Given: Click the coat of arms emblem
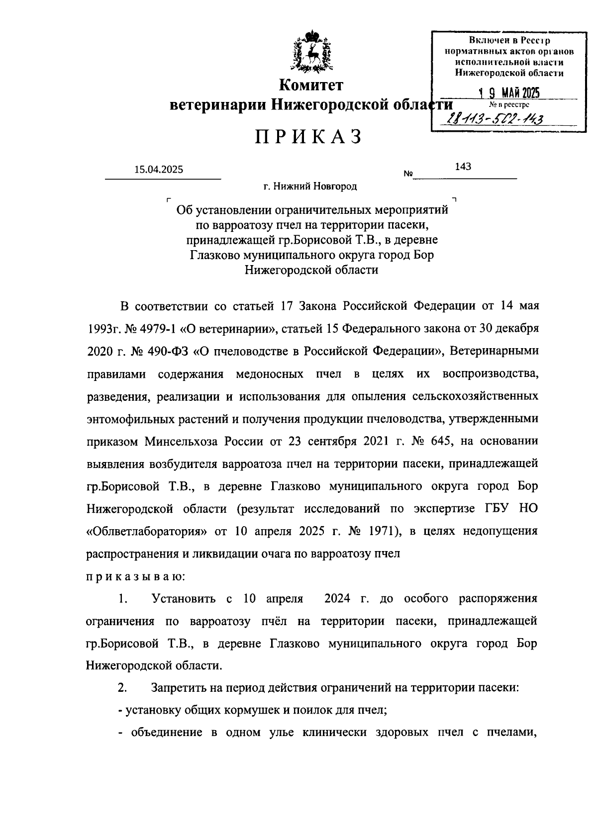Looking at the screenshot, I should coord(310,52).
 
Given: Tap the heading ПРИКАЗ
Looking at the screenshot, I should coord(309,137).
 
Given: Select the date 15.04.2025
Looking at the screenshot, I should coord(158,170).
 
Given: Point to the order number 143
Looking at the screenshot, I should coord(463,167).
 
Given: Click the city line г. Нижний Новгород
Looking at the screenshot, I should coord(310,186).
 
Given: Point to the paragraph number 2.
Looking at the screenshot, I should coord(122,688).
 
